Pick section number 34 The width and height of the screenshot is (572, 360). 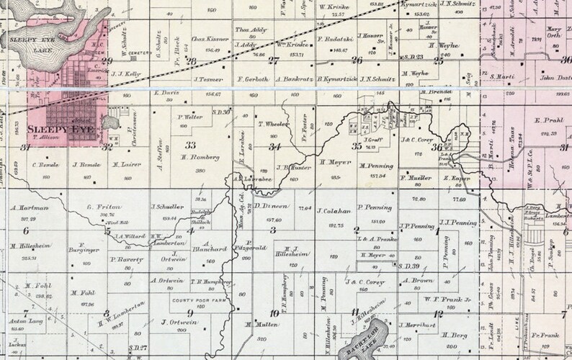pyautogui.click(x=274, y=147)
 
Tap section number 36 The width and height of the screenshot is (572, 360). pyautogui.click(x=437, y=147)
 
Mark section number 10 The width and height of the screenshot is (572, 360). pyautogui.click(x=274, y=312)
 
